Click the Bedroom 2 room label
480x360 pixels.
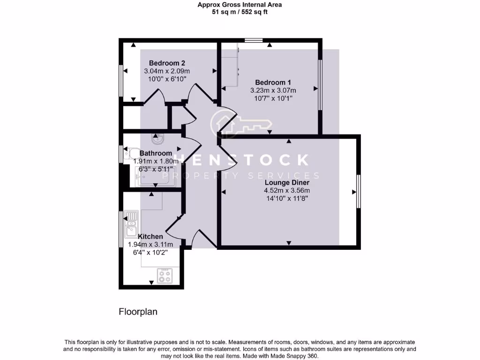click(x=167, y=63)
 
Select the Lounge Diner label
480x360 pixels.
click(x=287, y=182)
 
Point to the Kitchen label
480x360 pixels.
click(x=150, y=236)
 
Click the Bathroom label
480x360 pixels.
click(x=156, y=153)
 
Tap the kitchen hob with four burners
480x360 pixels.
click(x=165, y=276)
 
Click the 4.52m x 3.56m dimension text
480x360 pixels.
click(x=287, y=190)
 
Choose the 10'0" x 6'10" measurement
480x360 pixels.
click(x=167, y=79)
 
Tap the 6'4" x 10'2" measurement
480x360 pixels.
click(x=150, y=252)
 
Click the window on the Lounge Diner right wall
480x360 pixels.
click(x=358, y=191)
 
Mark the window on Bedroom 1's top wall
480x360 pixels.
click(x=254, y=40)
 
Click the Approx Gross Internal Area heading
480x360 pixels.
click(x=240, y=5)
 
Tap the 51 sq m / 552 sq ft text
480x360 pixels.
click(x=240, y=12)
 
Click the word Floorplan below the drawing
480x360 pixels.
click(x=138, y=311)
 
